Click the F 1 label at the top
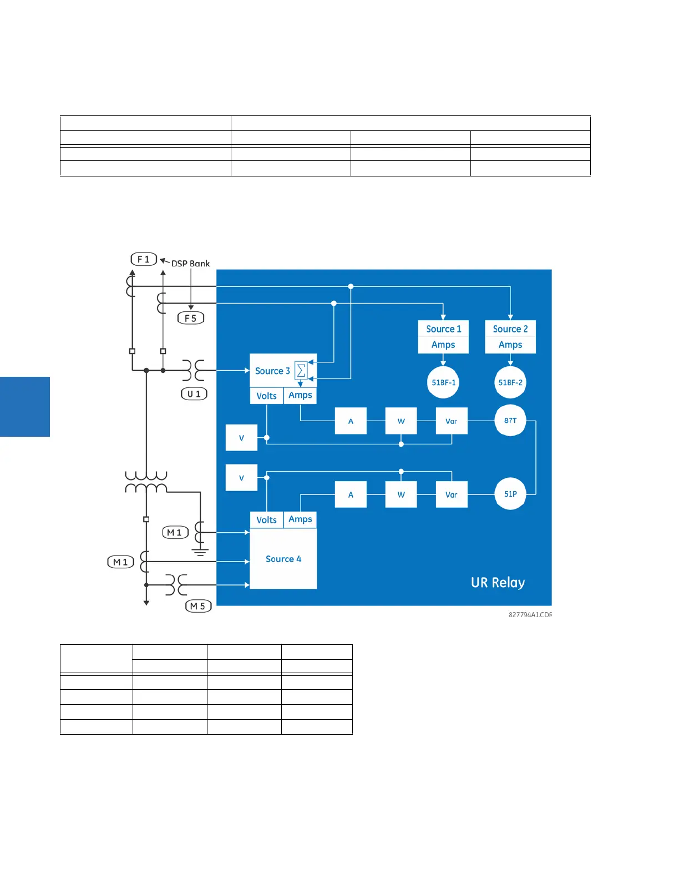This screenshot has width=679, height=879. [144, 259]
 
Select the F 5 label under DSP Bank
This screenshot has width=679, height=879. [191, 318]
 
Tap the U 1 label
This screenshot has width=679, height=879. [194, 394]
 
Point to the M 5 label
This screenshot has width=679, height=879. [198, 606]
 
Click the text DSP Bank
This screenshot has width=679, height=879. [190, 264]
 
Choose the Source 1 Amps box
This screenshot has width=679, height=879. [443, 337]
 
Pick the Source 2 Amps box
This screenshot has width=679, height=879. [510, 337]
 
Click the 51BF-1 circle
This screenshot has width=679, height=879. [443, 382]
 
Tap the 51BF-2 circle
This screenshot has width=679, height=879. [510, 382]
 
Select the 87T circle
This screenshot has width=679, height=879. [510, 421]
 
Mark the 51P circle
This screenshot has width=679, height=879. [510, 494]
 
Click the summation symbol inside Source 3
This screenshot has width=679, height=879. [301, 370]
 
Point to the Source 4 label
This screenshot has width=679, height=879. [283, 559]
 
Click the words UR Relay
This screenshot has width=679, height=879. [498, 583]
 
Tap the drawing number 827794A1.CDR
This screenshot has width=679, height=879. [530, 615]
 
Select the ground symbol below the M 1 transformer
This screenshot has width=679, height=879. [200, 552]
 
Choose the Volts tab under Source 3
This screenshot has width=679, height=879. [266, 396]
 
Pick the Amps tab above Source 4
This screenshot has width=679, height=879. [300, 519]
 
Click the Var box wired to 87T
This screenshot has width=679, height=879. [452, 421]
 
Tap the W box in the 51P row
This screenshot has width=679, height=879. [401, 494]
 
